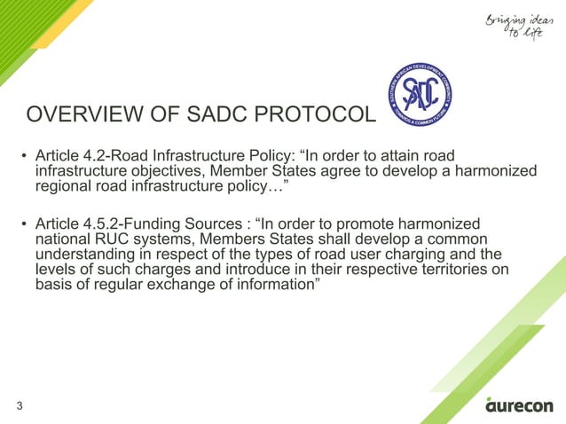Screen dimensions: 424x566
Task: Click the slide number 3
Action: (19, 406)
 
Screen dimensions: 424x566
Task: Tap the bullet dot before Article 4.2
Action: (24, 156)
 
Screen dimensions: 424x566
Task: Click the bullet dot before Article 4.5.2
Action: (24, 224)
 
